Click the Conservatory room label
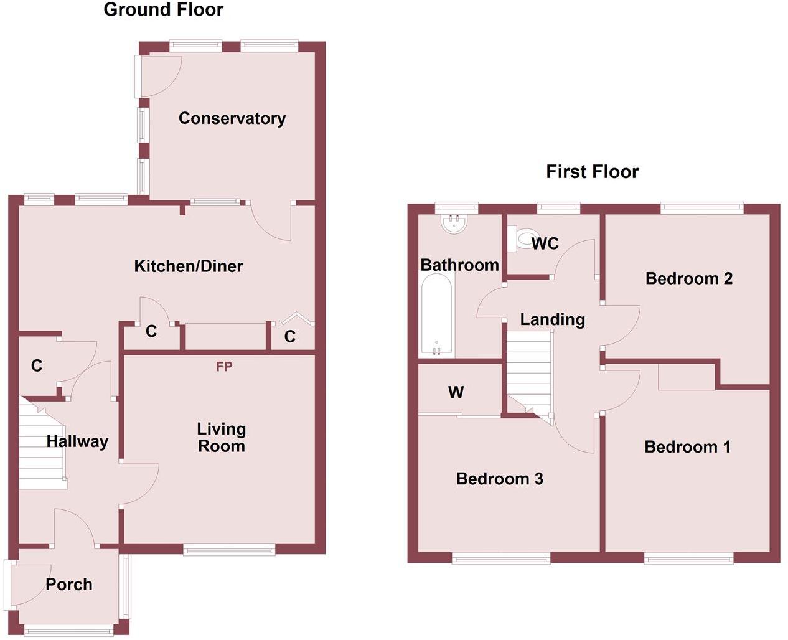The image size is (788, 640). (232, 118)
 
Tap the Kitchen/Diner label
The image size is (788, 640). (189, 266)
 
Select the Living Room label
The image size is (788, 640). (221, 437)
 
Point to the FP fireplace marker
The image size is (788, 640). (224, 367)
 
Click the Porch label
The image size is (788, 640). (69, 585)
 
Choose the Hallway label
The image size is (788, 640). (77, 441)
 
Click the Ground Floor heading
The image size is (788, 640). (163, 9)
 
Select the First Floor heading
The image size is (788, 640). (592, 172)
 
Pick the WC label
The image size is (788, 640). (545, 243)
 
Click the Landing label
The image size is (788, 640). (552, 320)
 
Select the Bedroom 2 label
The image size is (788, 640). (688, 278)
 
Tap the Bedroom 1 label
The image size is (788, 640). (687, 447)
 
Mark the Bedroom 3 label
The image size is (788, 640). (499, 479)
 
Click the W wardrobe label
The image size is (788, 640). (456, 392)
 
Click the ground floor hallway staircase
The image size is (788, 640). (41, 443)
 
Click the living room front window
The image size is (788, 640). (229, 548)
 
